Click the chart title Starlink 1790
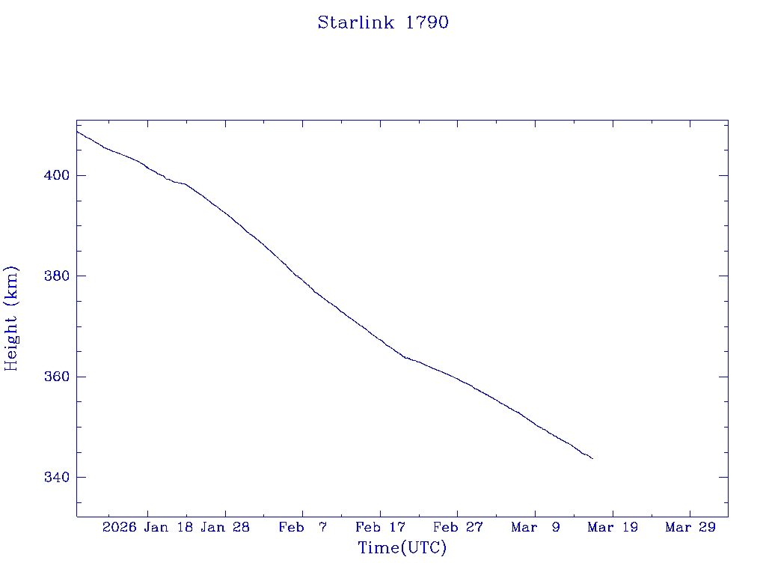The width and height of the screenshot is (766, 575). [383, 22]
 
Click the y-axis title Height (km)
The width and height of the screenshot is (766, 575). [11, 318]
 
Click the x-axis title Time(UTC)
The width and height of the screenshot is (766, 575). [402, 548]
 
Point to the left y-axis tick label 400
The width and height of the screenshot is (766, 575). [56, 175]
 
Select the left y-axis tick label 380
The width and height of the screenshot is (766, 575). [56, 276]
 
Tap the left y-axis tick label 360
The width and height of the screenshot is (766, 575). [56, 377]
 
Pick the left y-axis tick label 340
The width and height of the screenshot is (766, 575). [56, 477]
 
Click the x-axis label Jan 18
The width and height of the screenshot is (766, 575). [169, 528]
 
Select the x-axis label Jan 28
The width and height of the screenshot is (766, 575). [225, 528]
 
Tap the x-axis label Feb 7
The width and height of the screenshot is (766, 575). [303, 528]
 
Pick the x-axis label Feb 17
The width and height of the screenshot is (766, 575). [380, 528]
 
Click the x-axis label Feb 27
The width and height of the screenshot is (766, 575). [458, 528]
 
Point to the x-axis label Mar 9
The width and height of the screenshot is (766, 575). [536, 528]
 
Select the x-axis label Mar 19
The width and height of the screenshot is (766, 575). [613, 528]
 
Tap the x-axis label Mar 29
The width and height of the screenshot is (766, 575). [690, 528]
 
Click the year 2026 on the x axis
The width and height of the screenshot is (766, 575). [120, 528]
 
